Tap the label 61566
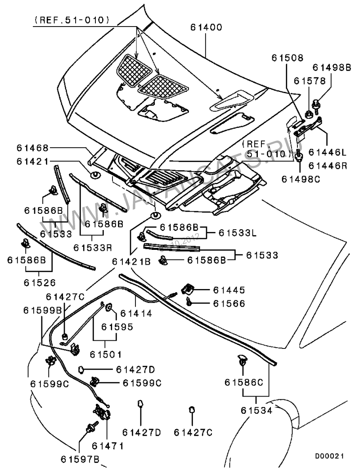229,304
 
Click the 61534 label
256,410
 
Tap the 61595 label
117,326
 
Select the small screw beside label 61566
190,303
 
